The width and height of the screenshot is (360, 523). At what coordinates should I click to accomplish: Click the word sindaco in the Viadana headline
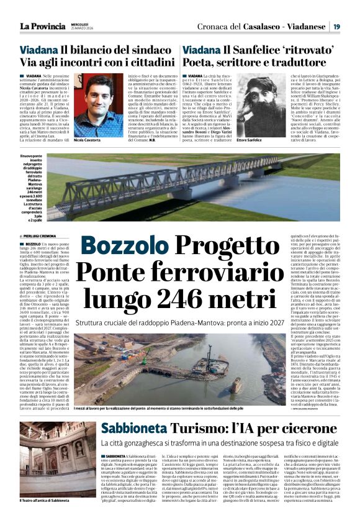coord(153,48)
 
